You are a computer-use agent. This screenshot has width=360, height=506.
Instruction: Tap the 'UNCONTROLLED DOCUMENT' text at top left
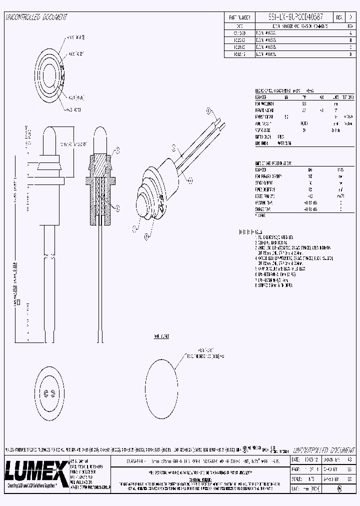pyautogui.click(x=35, y=17)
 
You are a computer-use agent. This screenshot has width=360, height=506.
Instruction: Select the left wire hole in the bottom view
pyautogui.click(x=45, y=392)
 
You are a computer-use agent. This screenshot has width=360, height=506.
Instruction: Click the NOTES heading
pyautogui.click(x=259, y=232)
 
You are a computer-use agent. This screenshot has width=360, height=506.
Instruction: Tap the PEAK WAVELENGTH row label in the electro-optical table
pyautogui.click(x=265, y=103)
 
